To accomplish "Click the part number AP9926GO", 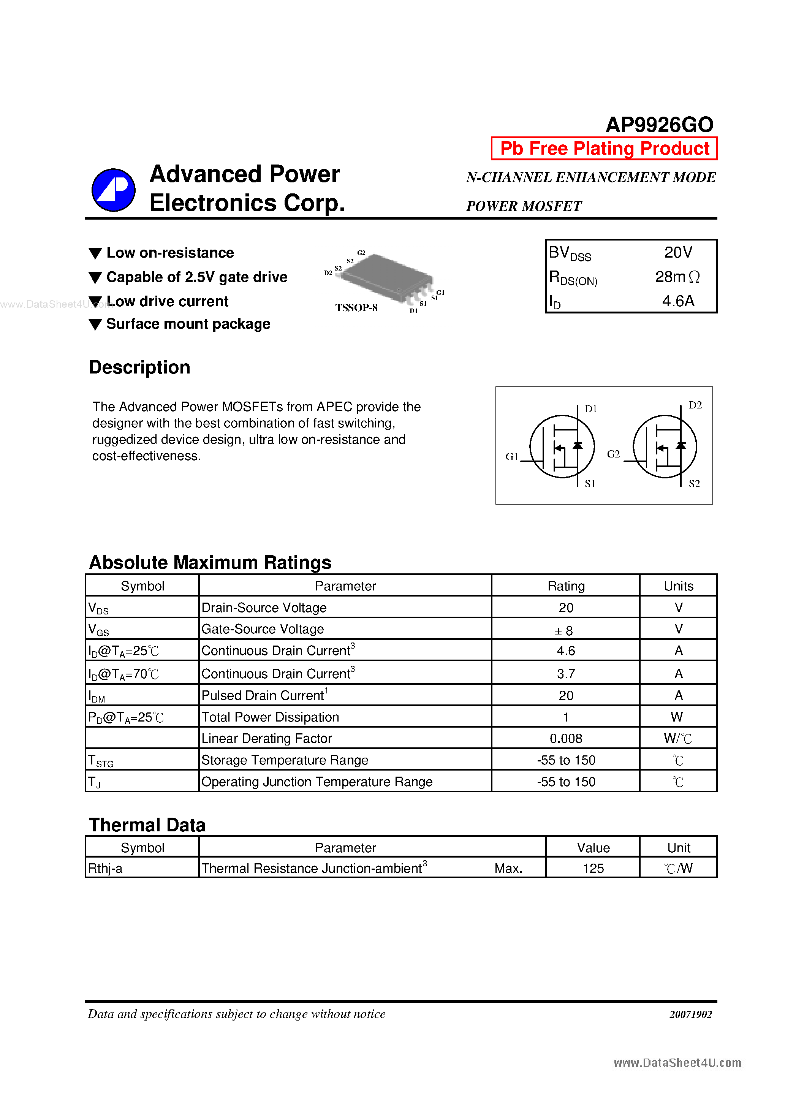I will pyautogui.click(x=659, y=125).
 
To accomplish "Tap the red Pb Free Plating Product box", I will pyautogui.click(x=604, y=149).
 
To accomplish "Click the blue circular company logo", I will pyautogui.click(x=113, y=190).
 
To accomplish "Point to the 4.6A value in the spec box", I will pyautogui.click(x=677, y=301).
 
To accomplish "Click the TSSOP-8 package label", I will pyautogui.click(x=356, y=308).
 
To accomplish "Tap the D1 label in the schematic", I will pyautogui.click(x=590, y=409).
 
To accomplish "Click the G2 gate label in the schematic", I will pyautogui.click(x=613, y=454).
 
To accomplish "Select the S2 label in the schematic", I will pyautogui.click(x=694, y=483).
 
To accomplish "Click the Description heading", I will pyautogui.click(x=139, y=367).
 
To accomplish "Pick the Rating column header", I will pyautogui.click(x=566, y=586).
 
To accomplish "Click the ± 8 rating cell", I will pyautogui.click(x=564, y=630).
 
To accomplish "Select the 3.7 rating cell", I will pyautogui.click(x=566, y=674).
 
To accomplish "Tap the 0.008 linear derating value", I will pyautogui.click(x=566, y=738).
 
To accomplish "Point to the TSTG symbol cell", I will pyautogui.click(x=101, y=761).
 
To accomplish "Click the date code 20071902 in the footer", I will pyautogui.click(x=691, y=1014).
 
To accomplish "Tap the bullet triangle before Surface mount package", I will pyautogui.click(x=95, y=324).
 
